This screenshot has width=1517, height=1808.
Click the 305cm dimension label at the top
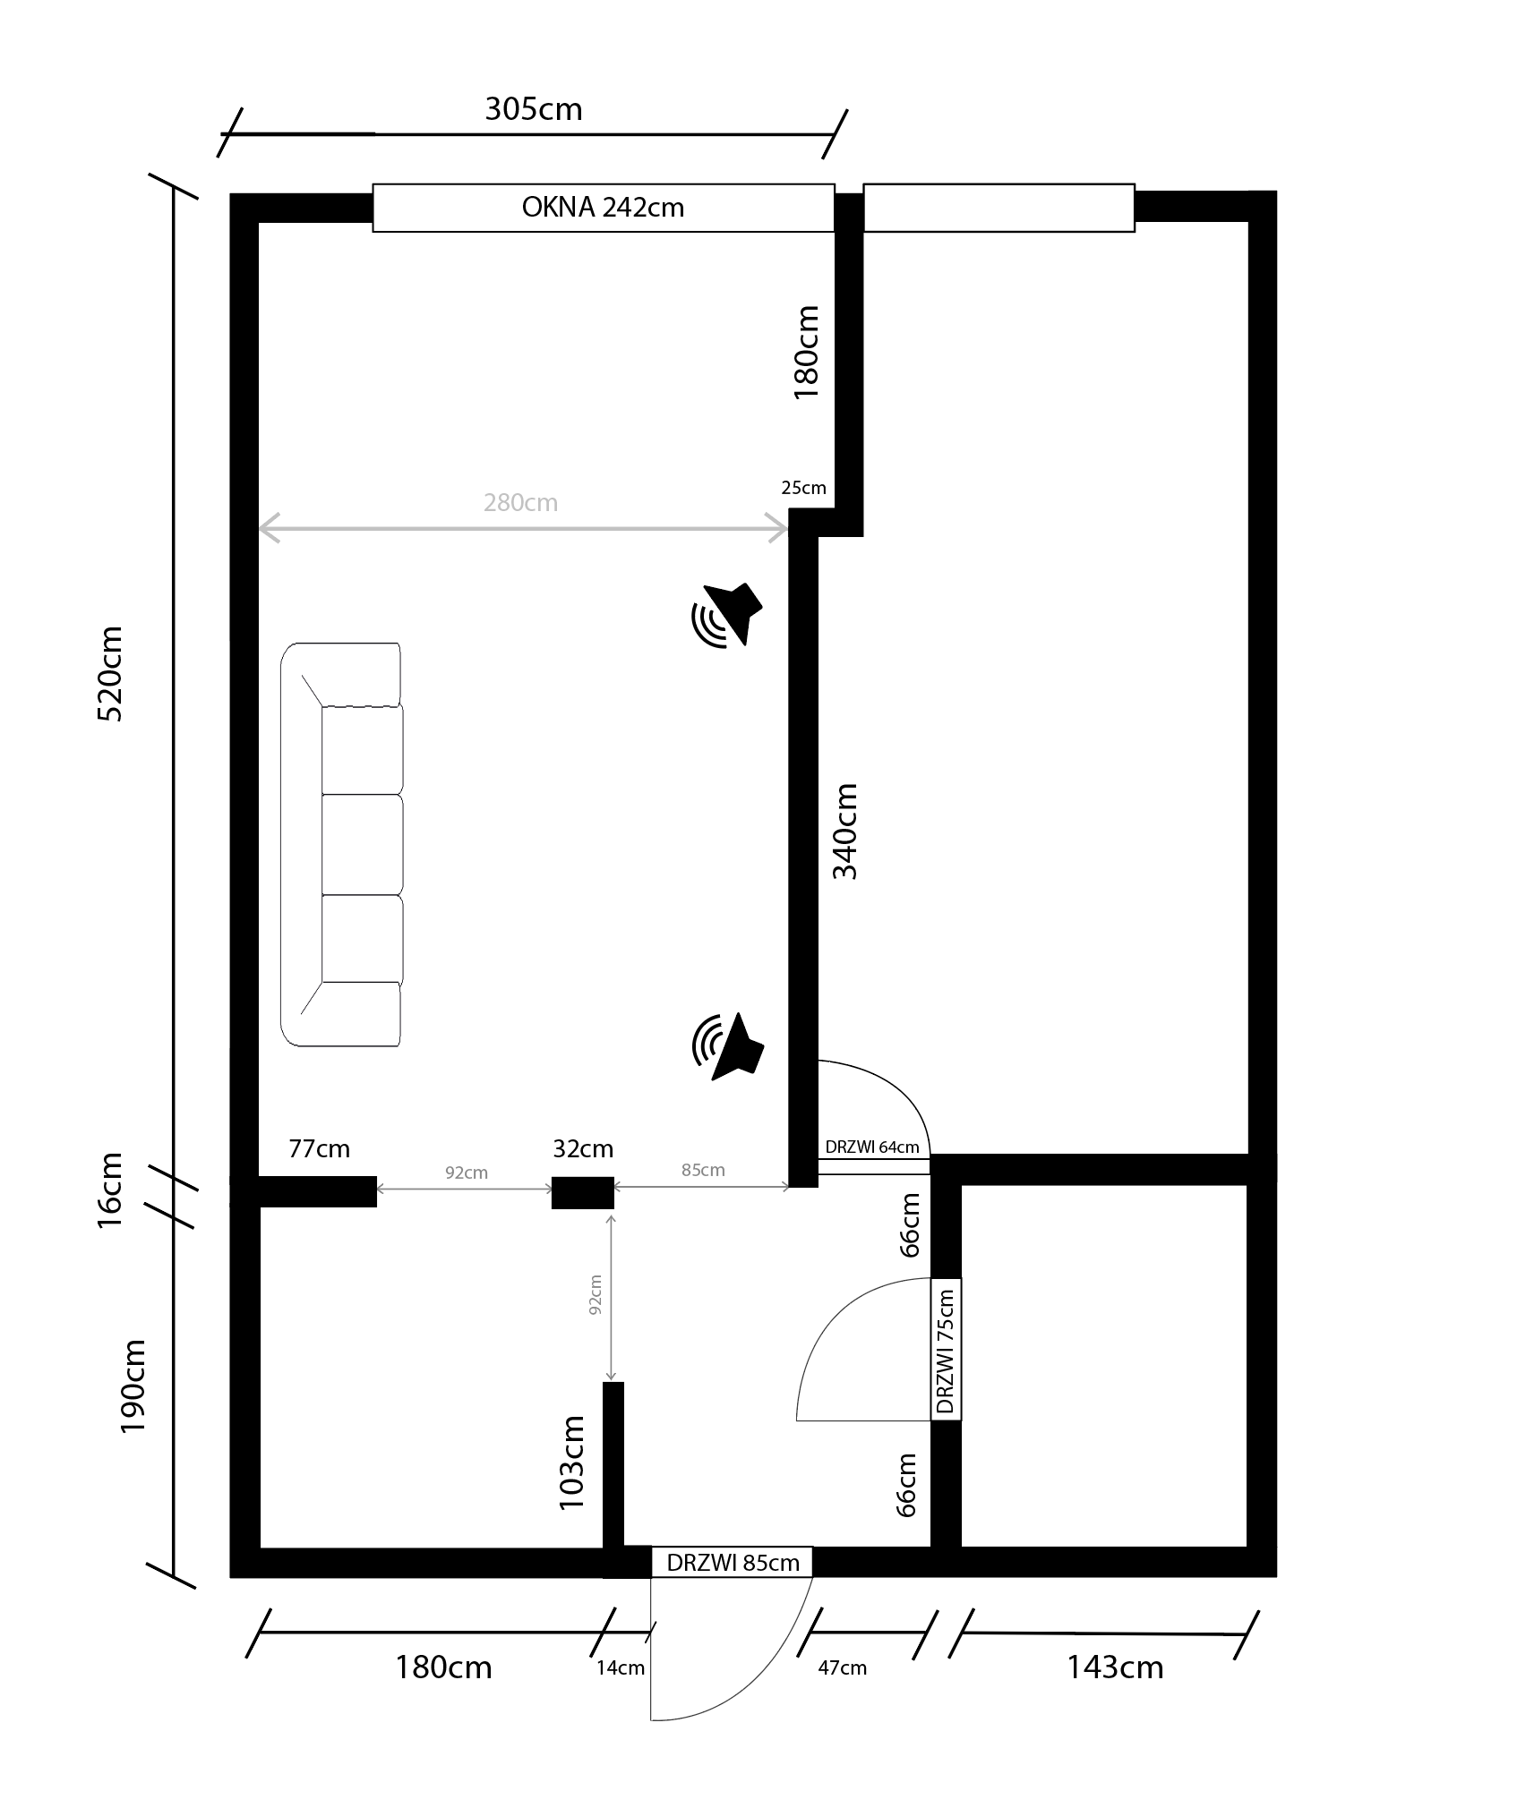(534, 109)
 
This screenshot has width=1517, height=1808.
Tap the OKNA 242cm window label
(603, 208)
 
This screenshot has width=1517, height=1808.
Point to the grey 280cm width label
(520, 503)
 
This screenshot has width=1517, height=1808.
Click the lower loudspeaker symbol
(727, 1046)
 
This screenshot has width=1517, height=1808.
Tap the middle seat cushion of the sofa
(362, 844)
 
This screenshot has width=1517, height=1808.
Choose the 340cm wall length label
(845, 832)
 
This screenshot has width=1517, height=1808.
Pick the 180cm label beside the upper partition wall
(807, 352)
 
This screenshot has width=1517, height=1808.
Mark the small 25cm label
(803, 488)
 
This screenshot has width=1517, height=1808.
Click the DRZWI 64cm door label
(872, 1147)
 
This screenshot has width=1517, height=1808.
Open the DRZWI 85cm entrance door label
(733, 1563)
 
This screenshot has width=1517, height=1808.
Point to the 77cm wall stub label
(319, 1148)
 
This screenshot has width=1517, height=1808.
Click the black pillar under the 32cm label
(582, 1193)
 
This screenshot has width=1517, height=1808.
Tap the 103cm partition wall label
(571, 1463)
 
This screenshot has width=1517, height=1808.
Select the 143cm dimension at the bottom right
(1115, 1667)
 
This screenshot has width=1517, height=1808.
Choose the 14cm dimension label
(621, 1668)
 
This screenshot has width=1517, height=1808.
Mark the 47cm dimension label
(842, 1667)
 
